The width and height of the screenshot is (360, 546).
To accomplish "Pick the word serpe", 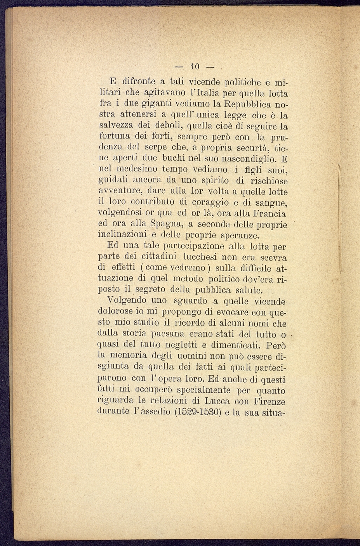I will coord(155,148).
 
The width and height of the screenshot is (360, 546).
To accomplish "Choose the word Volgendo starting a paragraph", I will coord(126,300).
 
